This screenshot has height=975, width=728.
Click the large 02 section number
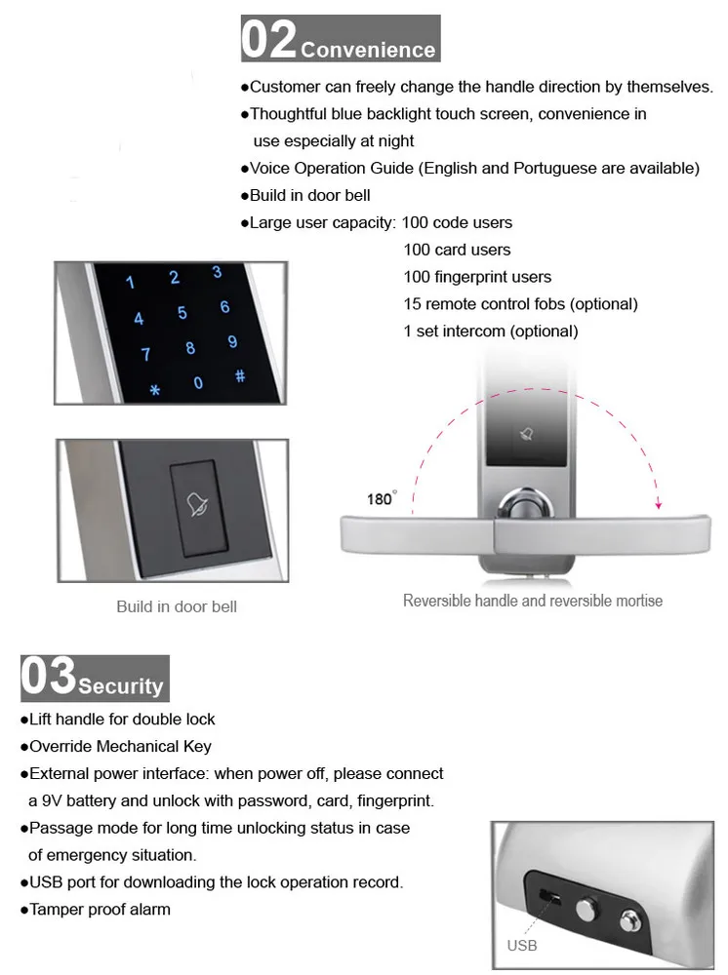[x=269, y=39]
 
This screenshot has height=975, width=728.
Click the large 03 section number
[x=49, y=678]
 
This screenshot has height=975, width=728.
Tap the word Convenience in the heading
[x=368, y=50]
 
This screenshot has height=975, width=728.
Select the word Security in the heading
[x=121, y=686]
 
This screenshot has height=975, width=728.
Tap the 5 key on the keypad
[x=182, y=313]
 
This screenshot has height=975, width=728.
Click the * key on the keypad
[x=154, y=392]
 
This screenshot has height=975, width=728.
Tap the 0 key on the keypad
[x=198, y=383]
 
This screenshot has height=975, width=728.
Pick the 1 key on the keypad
[x=132, y=284]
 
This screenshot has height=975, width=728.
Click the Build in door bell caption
[x=177, y=606]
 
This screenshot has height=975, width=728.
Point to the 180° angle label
[x=381, y=499]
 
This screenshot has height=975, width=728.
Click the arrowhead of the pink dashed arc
[x=659, y=504]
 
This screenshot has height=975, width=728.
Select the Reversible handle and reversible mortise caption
[x=533, y=601]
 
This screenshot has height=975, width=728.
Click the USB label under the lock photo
[x=522, y=945]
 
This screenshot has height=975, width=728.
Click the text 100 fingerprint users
[x=477, y=277]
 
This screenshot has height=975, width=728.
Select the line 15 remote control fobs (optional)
[x=520, y=304]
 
